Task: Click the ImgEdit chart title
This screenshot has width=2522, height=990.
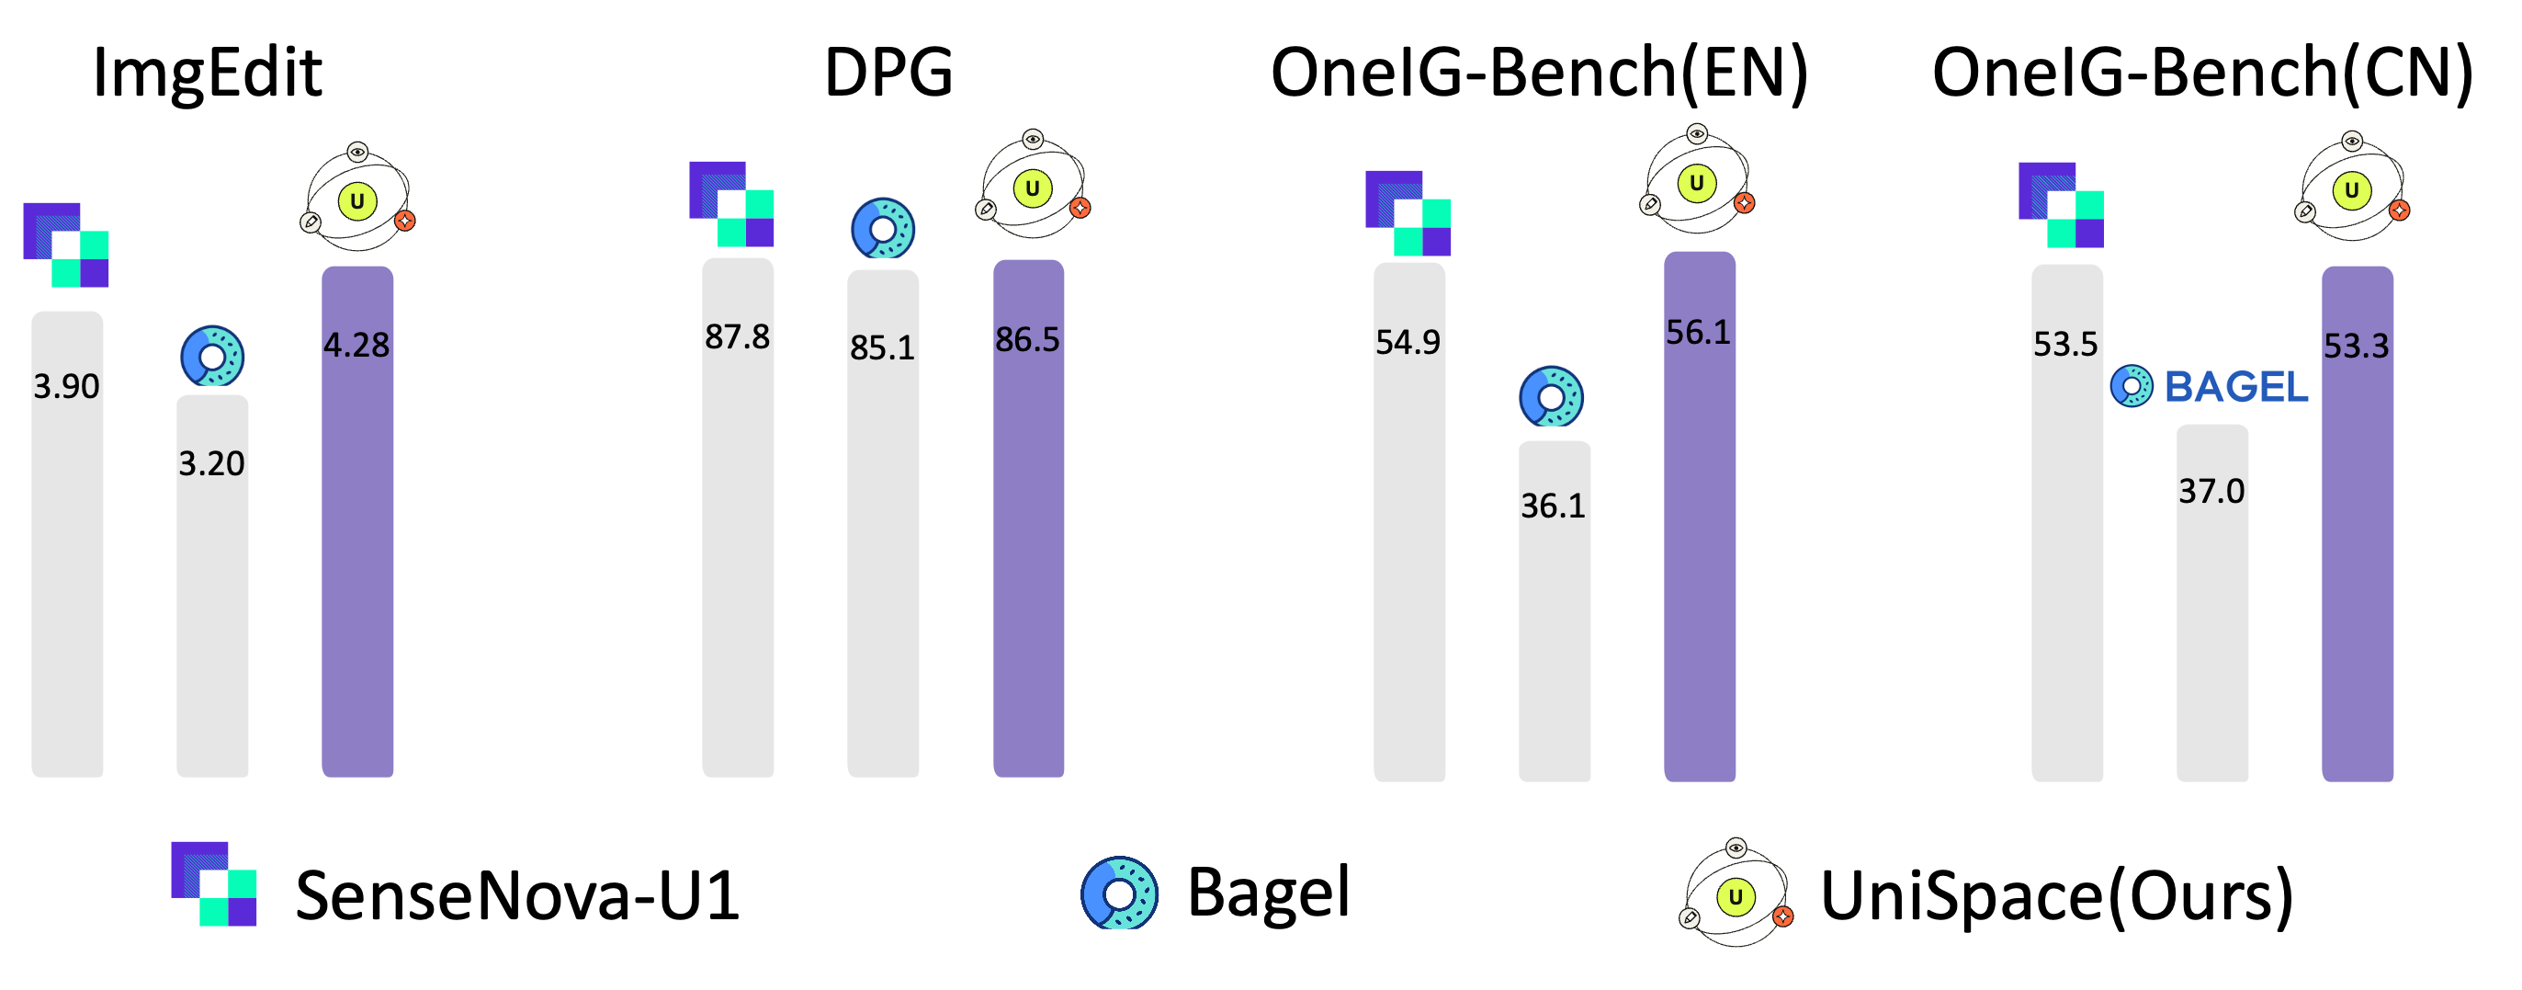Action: pyautogui.click(x=208, y=74)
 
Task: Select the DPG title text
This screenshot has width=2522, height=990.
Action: pyautogui.click(x=889, y=73)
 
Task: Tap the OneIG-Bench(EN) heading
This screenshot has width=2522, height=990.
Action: pyautogui.click(x=1539, y=74)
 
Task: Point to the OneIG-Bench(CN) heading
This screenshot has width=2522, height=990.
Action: pyautogui.click(x=2203, y=74)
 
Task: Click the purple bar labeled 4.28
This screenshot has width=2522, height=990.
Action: pyautogui.click(x=357, y=522)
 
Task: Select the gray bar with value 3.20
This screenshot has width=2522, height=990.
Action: pyautogui.click(x=212, y=586)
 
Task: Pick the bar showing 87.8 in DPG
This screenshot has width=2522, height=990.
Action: pyautogui.click(x=738, y=517)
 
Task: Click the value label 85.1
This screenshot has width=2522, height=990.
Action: pyautogui.click(x=882, y=347)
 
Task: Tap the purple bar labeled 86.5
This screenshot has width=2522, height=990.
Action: pyautogui.click(x=1029, y=518)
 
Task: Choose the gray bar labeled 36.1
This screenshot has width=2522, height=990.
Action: pyautogui.click(x=1555, y=611)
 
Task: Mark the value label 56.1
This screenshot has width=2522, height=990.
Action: pyautogui.click(x=1699, y=333)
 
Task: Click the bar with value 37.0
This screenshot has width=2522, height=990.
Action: pyautogui.click(x=2212, y=602)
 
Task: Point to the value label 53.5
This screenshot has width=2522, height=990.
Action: pyautogui.click(x=2065, y=345)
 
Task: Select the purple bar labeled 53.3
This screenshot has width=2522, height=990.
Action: pyautogui.click(x=2358, y=524)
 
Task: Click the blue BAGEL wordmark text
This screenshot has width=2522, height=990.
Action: pyautogui.click(x=2236, y=387)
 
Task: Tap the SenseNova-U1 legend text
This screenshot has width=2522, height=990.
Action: pyautogui.click(x=518, y=895)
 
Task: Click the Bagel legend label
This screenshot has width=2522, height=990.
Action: pyautogui.click(x=1269, y=893)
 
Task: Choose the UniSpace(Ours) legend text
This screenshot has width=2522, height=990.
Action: pyautogui.click(x=2057, y=896)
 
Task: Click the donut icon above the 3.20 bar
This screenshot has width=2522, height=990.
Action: pyautogui.click(x=212, y=356)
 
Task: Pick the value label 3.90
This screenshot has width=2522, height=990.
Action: pyautogui.click(x=66, y=387)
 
